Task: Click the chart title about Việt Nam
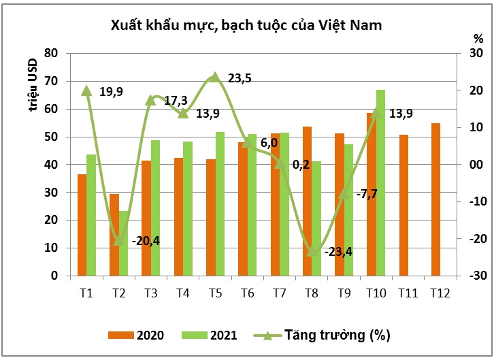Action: click(x=246, y=26)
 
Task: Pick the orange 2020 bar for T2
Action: click(x=114, y=235)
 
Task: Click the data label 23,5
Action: click(x=239, y=78)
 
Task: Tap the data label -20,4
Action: click(x=145, y=240)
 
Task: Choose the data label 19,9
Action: click(x=111, y=91)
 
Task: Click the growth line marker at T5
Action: click(x=214, y=77)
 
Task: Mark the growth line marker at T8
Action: click(x=311, y=251)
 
